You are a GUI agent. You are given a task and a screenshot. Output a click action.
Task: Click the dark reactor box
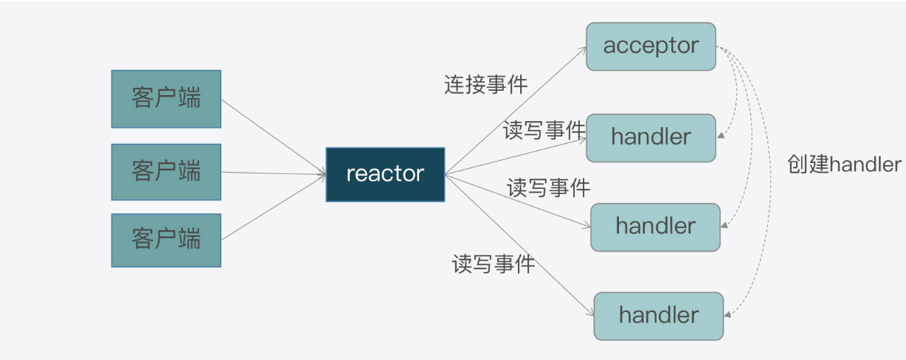[x=385, y=174]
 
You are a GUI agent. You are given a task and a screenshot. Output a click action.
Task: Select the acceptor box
[x=651, y=46]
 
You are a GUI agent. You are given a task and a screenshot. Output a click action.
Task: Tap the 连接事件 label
[x=485, y=85]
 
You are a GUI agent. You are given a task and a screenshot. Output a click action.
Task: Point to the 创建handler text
[x=844, y=165]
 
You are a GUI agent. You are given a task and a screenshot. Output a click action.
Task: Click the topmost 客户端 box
[x=166, y=99]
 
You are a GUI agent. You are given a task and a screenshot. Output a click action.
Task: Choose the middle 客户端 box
[x=166, y=172]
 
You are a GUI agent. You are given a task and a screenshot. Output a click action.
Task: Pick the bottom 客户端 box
[x=166, y=240]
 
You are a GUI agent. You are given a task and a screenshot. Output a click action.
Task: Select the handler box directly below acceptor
[x=651, y=138]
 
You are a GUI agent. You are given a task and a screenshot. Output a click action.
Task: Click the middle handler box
[x=655, y=226]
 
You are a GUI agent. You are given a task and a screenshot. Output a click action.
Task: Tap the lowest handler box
[x=658, y=316]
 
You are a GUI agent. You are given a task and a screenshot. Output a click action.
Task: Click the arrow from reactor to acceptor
[x=516, y=110]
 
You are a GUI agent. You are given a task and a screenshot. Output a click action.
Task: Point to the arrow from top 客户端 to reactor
[x=273, y=136]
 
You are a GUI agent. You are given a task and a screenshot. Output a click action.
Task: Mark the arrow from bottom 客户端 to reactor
[x=273, y=207]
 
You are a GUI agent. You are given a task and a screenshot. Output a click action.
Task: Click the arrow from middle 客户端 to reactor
[x=273, y=173]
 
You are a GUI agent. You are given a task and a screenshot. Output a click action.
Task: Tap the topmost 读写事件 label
[x=544, y=131]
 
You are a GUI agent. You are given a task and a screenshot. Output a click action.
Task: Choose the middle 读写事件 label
[x=548, y=188]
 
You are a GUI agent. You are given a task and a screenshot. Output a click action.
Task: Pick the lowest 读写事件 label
[x=493, y=263]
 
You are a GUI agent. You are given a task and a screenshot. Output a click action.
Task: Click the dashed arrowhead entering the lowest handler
[x=726, y=315]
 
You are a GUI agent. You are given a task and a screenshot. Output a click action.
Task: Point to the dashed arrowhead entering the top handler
[x=719, y=136]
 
